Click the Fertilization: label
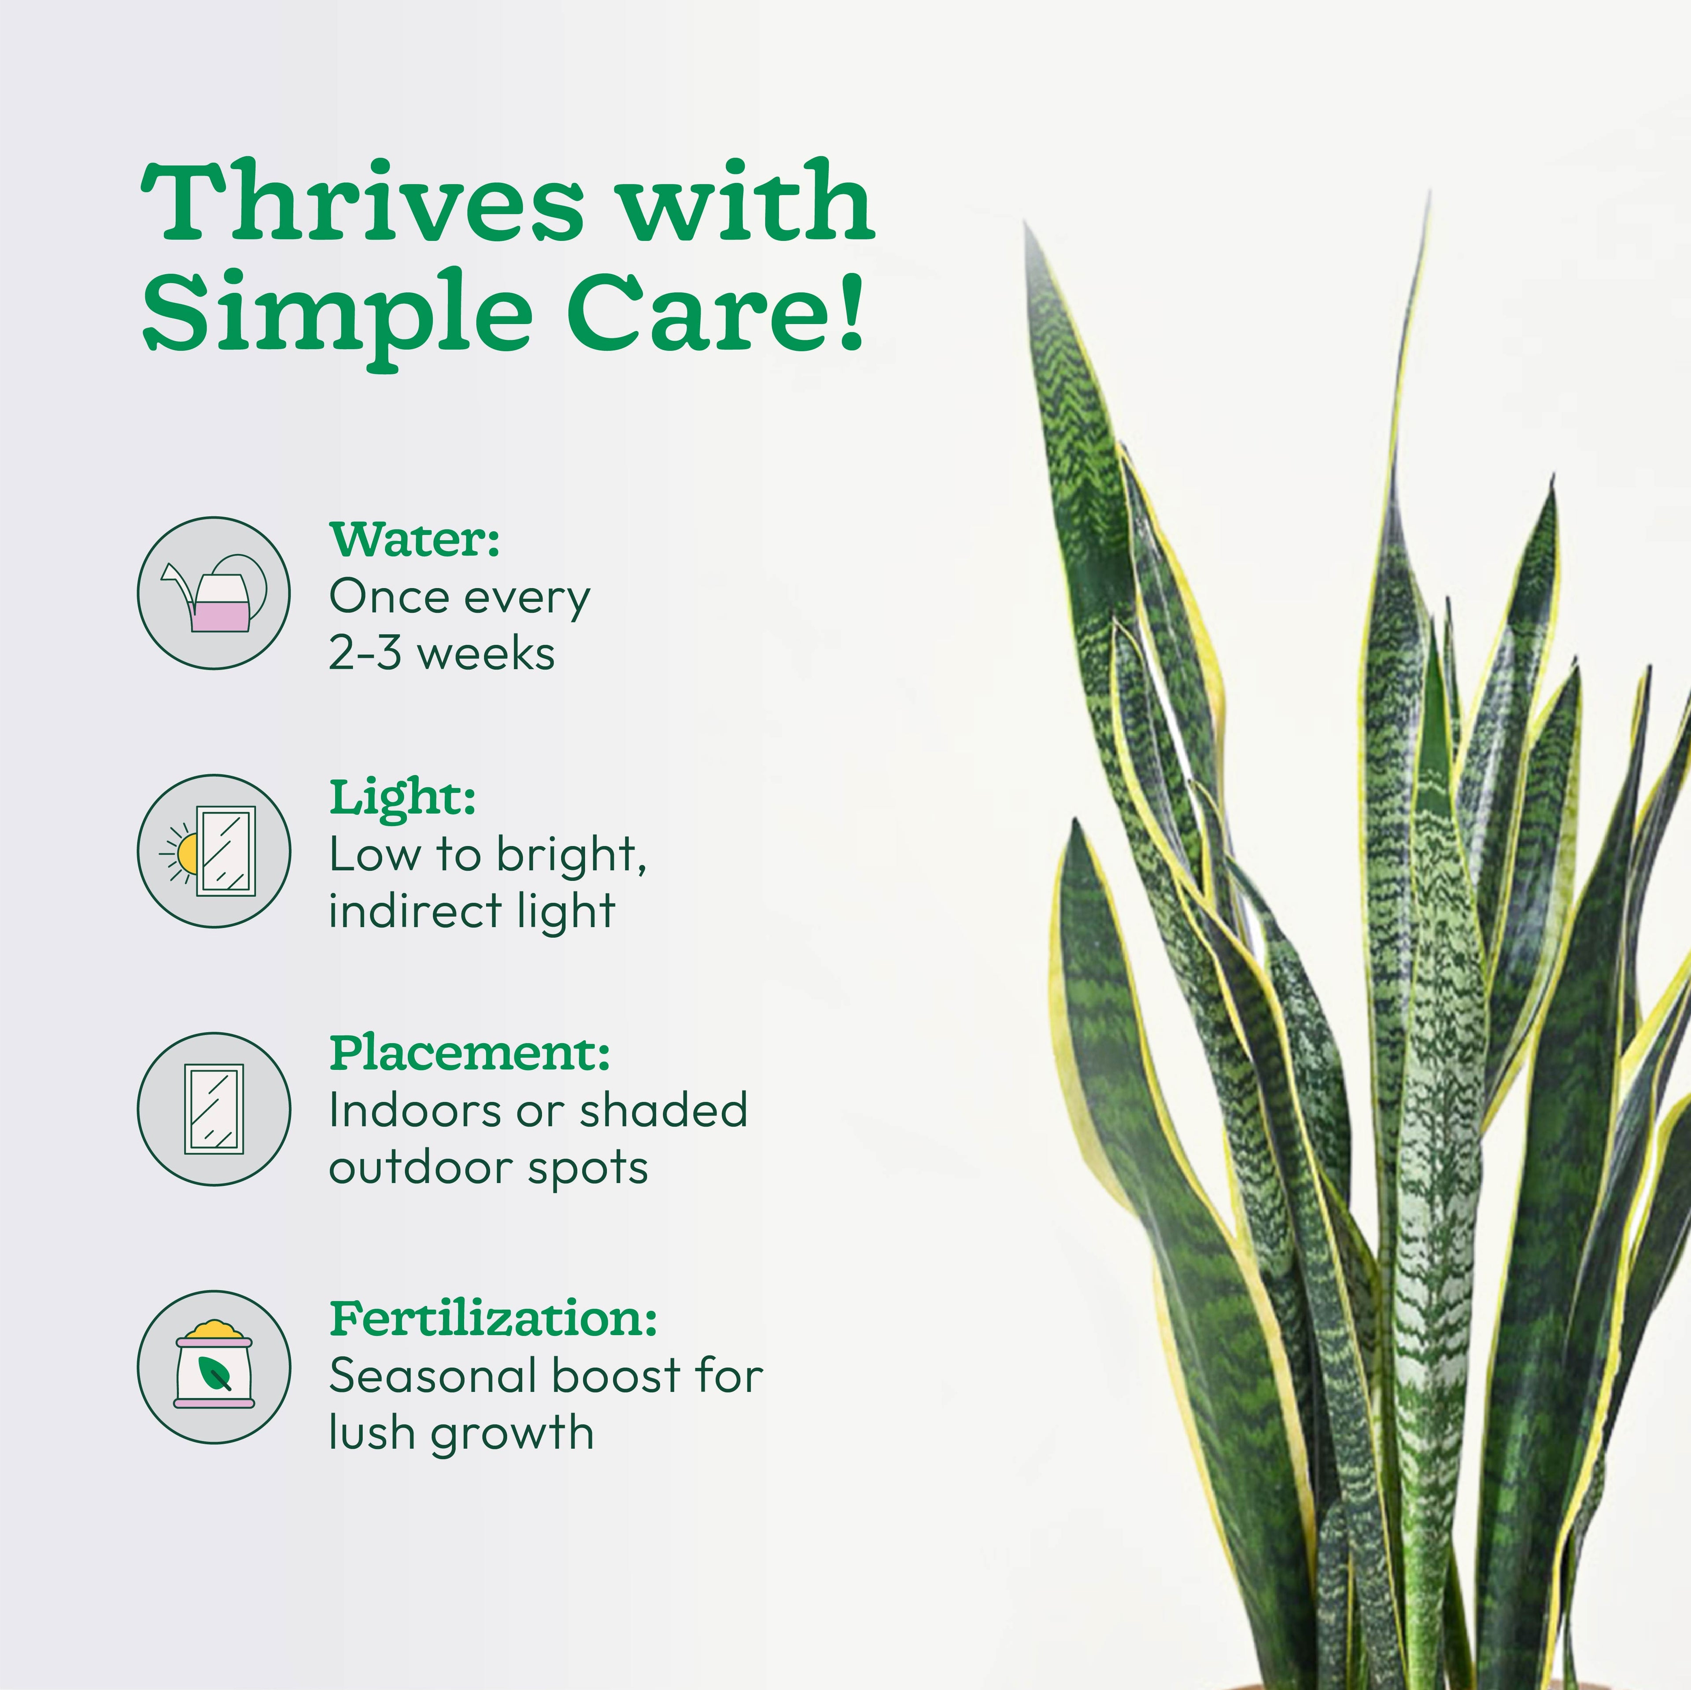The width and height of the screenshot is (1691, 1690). tap(493, 1319)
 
